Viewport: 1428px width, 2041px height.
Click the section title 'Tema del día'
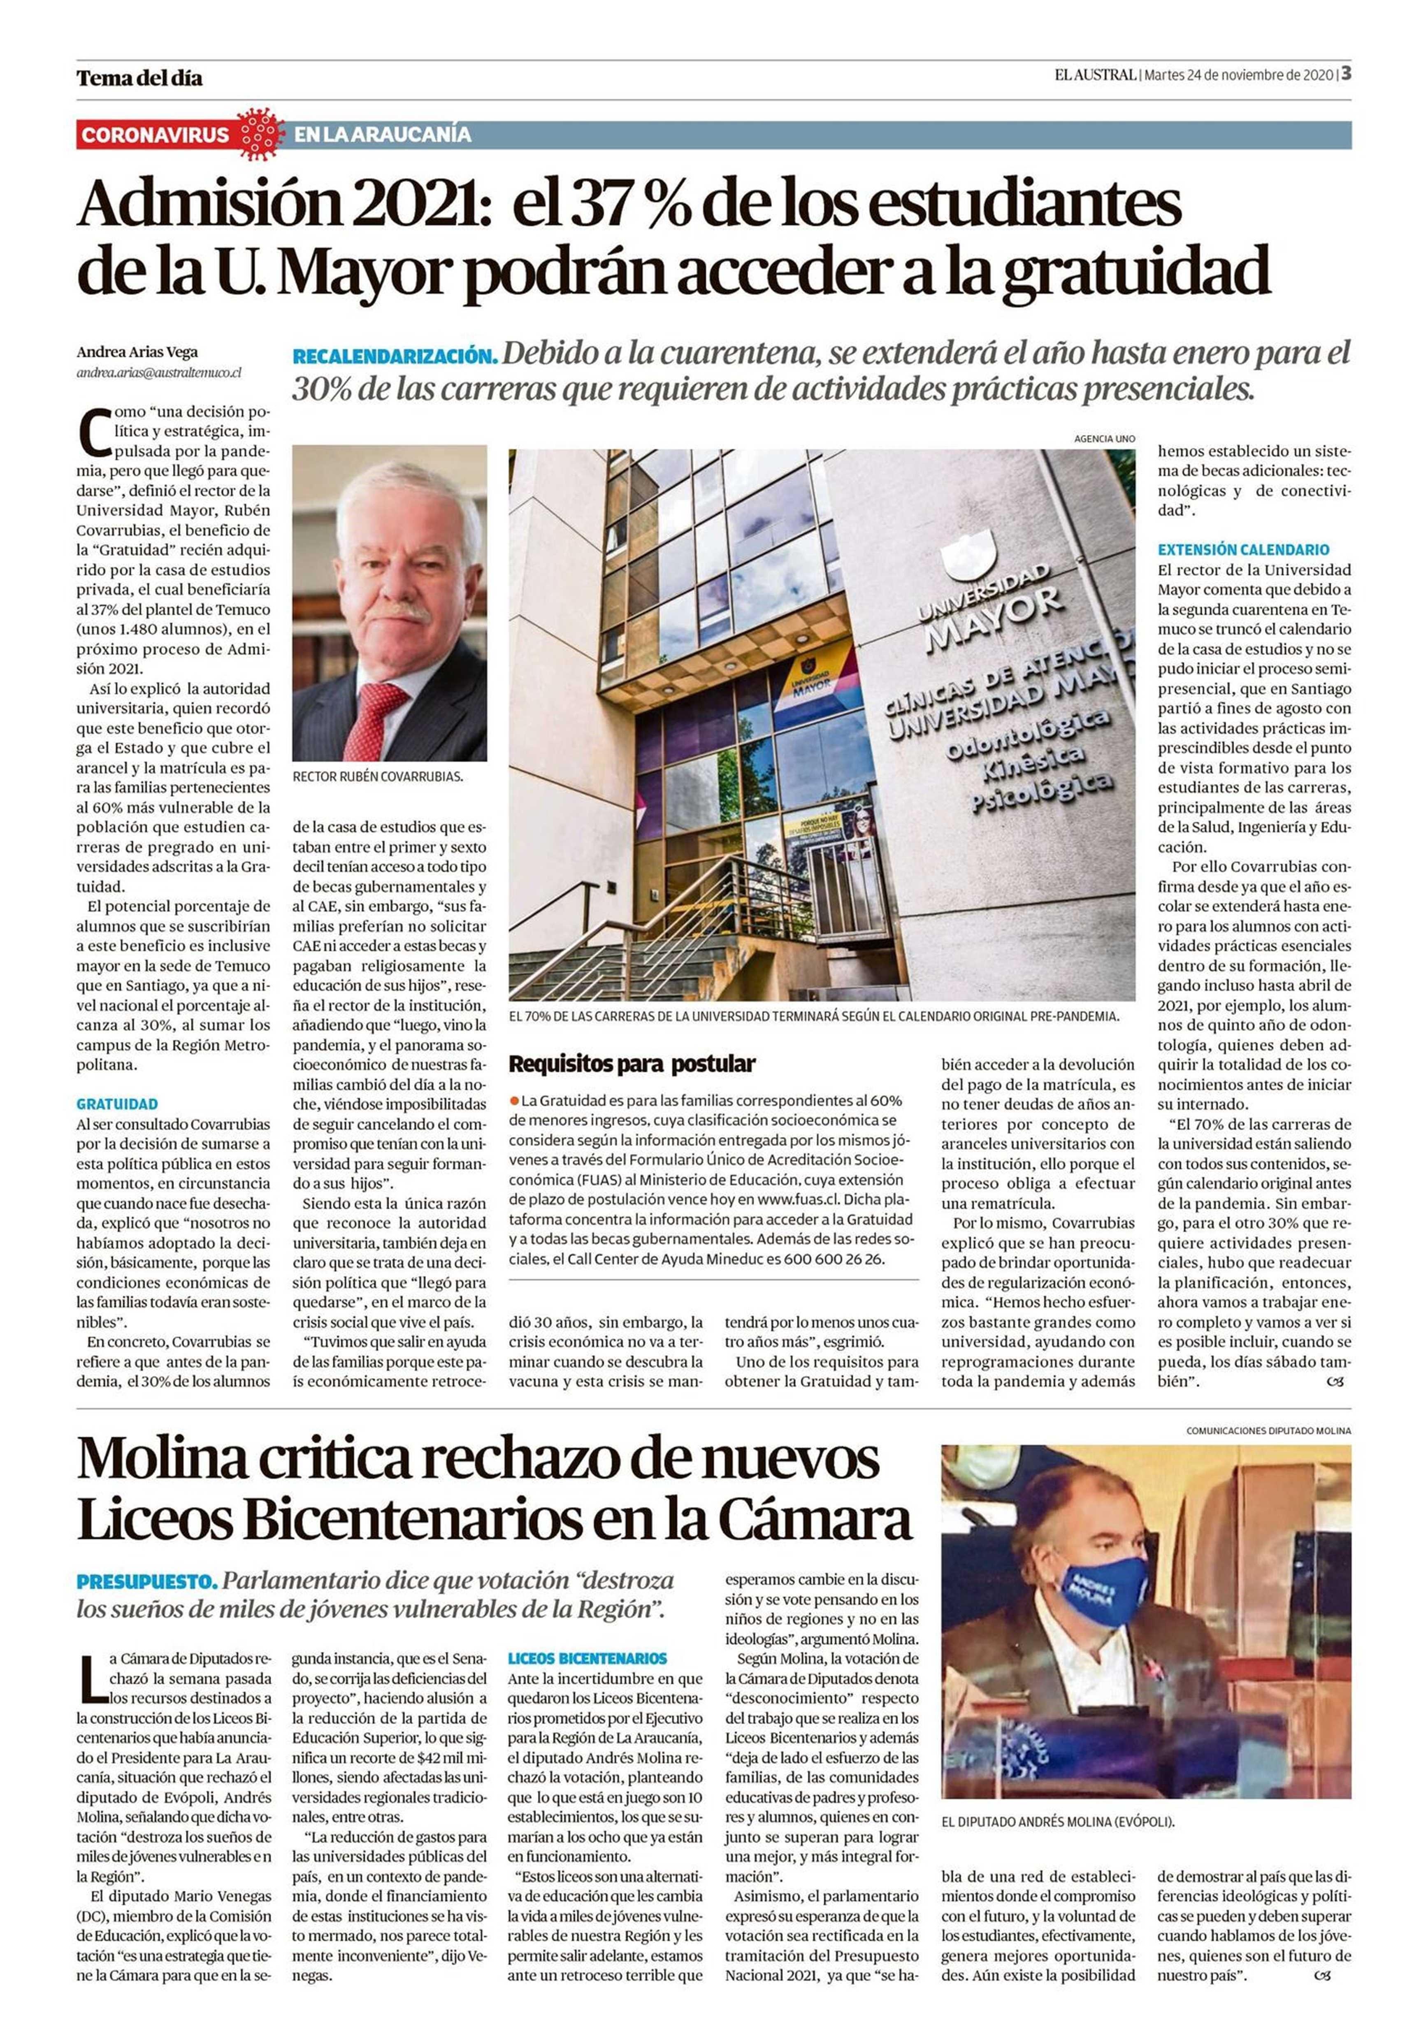[139, 78]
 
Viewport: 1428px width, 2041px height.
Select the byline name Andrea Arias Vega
[137, 352]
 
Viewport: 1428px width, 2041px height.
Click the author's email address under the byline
[158, 373]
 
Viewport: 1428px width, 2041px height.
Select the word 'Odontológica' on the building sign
[1026, 734]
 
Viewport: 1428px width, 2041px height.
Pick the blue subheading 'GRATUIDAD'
[117, 1104]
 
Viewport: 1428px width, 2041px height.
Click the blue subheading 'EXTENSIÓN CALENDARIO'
[1242, 549]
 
